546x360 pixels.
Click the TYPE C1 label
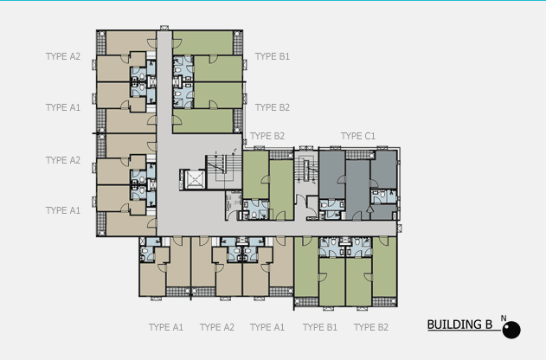tap(358, 136)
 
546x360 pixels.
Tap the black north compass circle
tap(511, 330)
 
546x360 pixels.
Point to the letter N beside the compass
tap(504, 318)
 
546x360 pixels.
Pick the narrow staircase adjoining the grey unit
tap(306, 170)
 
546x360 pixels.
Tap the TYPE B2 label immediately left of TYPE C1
tap(267, 136)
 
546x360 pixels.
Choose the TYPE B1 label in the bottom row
tap(320, 327)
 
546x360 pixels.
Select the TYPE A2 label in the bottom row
tap(217, 327)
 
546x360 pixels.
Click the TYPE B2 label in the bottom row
tap(371, 327)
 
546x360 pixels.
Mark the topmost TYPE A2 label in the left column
tap(63, 56)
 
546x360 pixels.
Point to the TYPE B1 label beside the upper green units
tap(273, 56)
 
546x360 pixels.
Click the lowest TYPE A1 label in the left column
tap(63, 210)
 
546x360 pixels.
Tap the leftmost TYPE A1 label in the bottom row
tap(166, 327)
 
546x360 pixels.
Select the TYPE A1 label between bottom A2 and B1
tap(267, 327)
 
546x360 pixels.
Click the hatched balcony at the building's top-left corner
tap(101, 42)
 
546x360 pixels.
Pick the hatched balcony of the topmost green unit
tap(238, 42)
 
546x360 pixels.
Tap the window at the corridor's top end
tap(164, 28)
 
